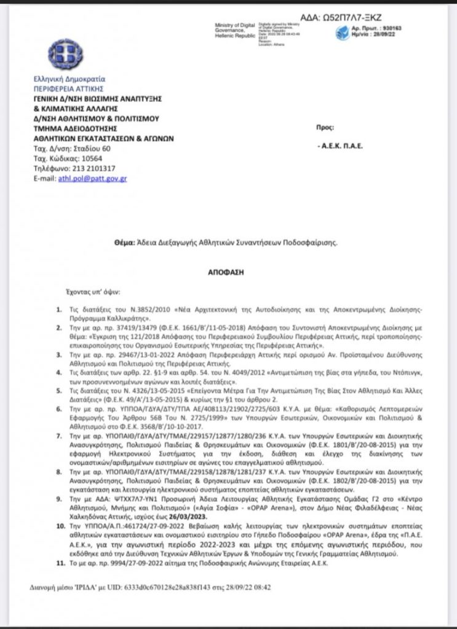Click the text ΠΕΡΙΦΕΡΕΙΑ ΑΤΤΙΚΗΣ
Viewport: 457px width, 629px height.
65,88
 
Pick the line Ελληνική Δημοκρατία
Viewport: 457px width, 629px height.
69,79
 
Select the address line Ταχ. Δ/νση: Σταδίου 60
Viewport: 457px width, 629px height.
72,149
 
